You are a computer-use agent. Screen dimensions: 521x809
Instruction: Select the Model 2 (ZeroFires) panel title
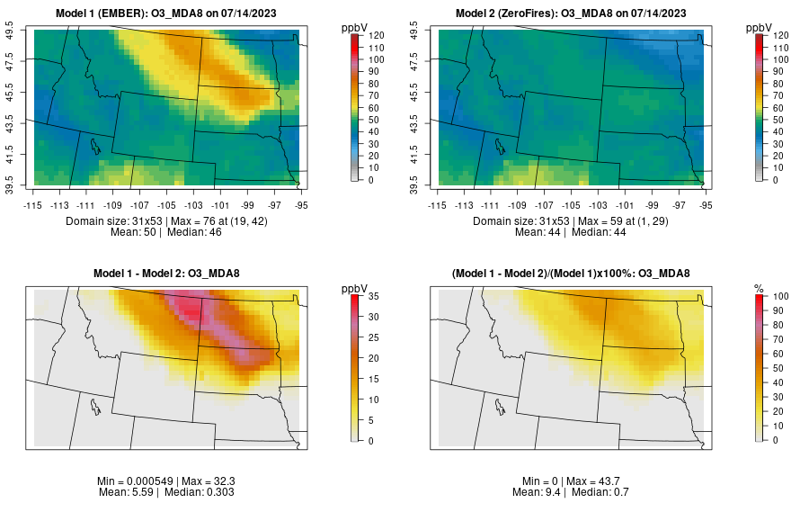pyautogui.click(x=571, y=13)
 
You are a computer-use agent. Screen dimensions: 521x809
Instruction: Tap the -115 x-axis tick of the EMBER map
pyautogui.click(x=34, y=206)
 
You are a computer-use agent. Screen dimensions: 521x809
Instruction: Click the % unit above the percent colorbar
pyautogui.click(x=759, y=288)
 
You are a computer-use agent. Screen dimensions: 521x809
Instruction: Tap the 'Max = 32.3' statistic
pyautogui.click(x=207, y=482)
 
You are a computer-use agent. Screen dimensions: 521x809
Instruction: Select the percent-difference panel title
pyautogui.click(x=571, y=273)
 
